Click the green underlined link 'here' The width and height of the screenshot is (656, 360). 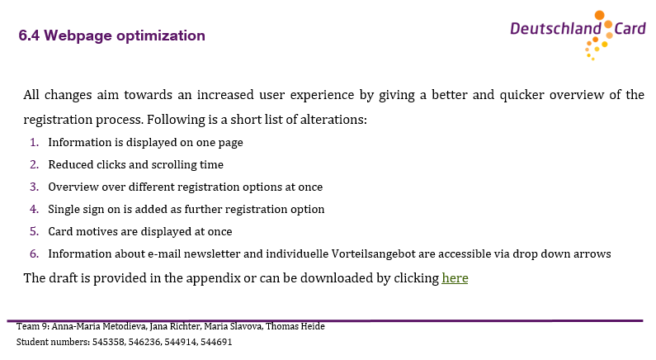click(x=455, y=278)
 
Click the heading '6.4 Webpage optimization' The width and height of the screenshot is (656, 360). click(x=111, y=36)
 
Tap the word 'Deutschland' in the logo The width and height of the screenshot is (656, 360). click(x=555, y=29)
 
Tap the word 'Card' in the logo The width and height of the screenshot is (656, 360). click(x=630, y=29)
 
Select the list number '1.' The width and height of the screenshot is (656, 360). click(x=35, y=142)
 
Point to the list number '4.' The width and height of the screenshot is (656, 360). click(x=35, y=209)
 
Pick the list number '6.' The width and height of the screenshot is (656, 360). click(x=35, y=253)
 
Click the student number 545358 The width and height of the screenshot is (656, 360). click(x=108, y=342)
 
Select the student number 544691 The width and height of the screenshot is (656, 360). click(x=216, y=342)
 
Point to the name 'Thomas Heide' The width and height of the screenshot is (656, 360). click(x=295, y=326)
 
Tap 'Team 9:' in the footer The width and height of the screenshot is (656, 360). click(x=33, y=326)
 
